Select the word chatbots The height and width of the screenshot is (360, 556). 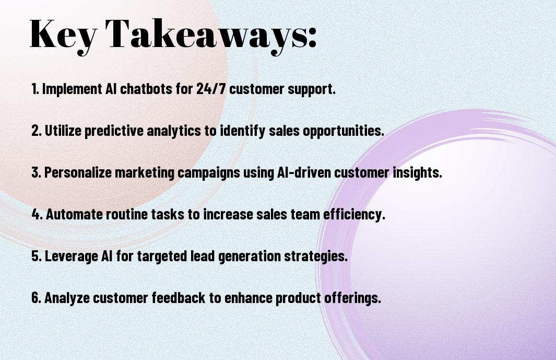pyautogui.click(x=146, y=89)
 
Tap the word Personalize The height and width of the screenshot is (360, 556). pyautogui.click(x=78, y=172)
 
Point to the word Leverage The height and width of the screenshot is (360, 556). pyautogui.click(x=71, y=257)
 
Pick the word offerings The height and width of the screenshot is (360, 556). pyautogui.click(x=352, y=298)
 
